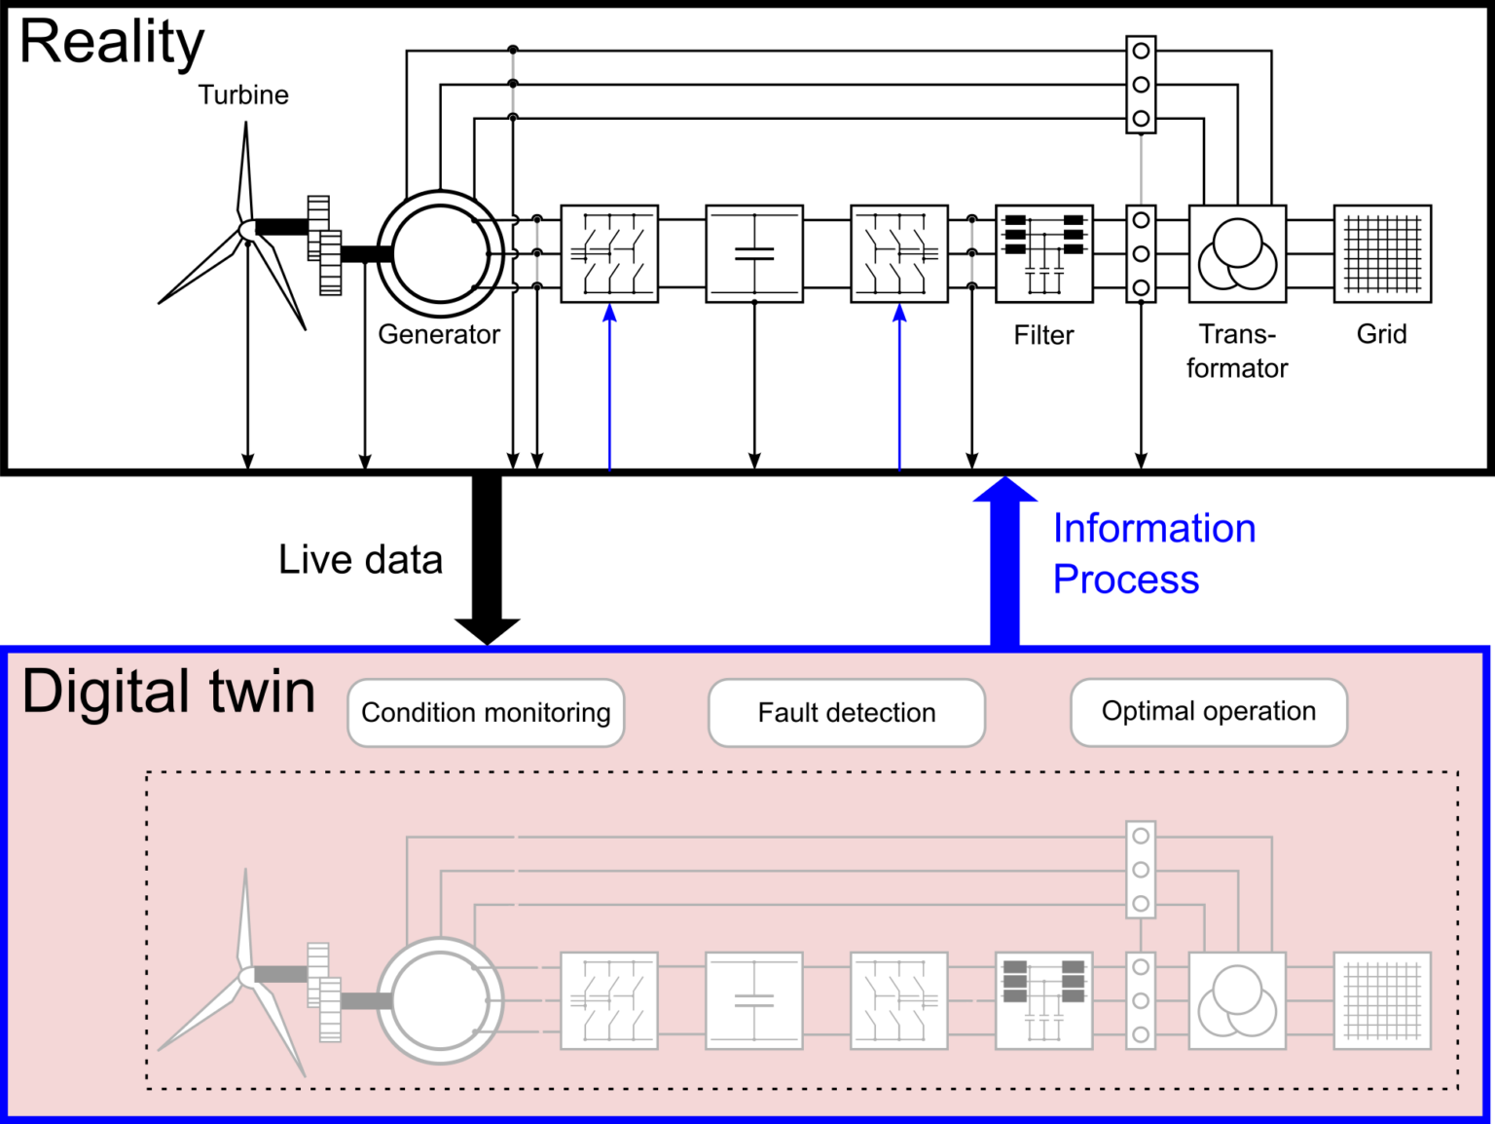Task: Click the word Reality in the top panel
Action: (x=112, y=43)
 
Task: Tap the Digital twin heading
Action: (x=168, y=693)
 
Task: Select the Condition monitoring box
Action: (x=486, y=713)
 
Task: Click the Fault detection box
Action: (x=847, y=713)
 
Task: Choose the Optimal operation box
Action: (x=1209, y=712)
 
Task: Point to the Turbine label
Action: (x=243, y=95)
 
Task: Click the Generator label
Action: (x=439, y=335)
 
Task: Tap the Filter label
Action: (x=1043, y=336)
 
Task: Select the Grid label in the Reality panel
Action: (x=1382, y=335)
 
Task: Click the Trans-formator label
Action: (x=1237, y=352)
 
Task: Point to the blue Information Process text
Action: (x=1153, y=553)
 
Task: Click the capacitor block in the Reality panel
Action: (x=754, y=253)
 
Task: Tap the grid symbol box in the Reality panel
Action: (x=1382, y=253)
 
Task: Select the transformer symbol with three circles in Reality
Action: (x=1237, y=253)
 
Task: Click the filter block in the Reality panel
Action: (x=1044, y=253)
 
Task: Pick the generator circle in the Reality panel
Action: (x=441, y=253)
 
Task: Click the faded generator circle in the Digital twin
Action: (x=441, y=1000)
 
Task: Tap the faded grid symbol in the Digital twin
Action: (x=1382, y=1000)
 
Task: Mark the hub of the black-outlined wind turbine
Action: (x=246, y=230)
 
